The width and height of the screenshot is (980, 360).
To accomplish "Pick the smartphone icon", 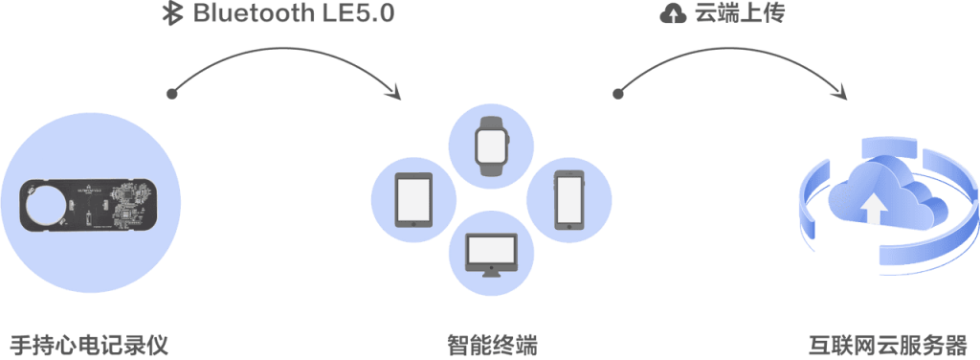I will (x=570, y=199).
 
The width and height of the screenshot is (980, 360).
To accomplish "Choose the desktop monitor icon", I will (x=492, y=253).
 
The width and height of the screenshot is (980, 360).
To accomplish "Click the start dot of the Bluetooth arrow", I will (x=171, y=94).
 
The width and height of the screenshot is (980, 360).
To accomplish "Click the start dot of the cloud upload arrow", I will (x=617, y=94).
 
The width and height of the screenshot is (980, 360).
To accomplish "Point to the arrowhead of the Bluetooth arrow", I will (x=396, y=93).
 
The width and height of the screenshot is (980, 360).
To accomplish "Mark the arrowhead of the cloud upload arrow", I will (x=842, y=92).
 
